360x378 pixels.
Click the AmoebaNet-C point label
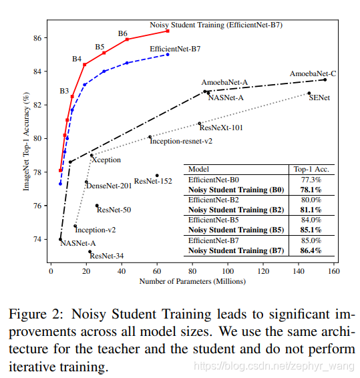coord(312,73)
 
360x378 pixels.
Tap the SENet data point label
coord(319,98)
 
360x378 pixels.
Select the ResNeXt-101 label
coord(221,127)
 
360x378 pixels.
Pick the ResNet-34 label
coord(106,256)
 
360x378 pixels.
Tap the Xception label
coord(106,160)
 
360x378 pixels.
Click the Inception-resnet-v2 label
coord(180,141)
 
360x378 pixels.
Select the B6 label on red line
coord(123,33)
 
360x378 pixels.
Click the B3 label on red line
coord(64,90)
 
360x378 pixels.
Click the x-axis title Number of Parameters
coord(192,282)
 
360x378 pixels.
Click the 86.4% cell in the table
coord(311,251)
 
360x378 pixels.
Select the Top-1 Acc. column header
coord(311,170)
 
